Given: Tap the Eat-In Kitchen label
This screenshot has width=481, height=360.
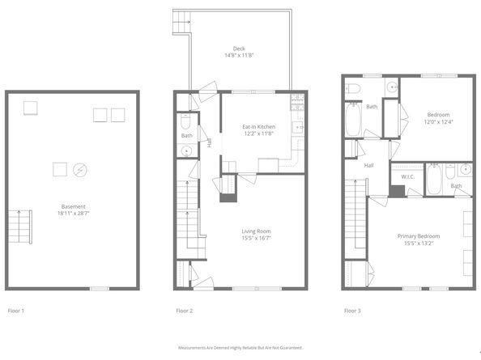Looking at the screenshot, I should [x=259, y=127].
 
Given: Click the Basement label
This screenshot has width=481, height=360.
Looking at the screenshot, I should [x=73, y=206].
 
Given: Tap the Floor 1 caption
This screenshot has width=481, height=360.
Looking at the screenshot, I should [x=16, y=311].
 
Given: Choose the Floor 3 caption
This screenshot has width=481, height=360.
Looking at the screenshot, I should [x=352, y=311].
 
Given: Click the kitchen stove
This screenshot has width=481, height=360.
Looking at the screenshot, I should [x=296, y=104].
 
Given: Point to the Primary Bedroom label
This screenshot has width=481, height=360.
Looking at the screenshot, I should [x=417, y=236].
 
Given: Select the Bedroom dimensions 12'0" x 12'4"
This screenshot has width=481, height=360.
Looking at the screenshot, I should [x=437, y=122].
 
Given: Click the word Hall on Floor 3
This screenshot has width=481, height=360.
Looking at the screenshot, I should [x=368, y=166].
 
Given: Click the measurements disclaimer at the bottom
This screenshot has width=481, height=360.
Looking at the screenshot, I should [x=240, y=348].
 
